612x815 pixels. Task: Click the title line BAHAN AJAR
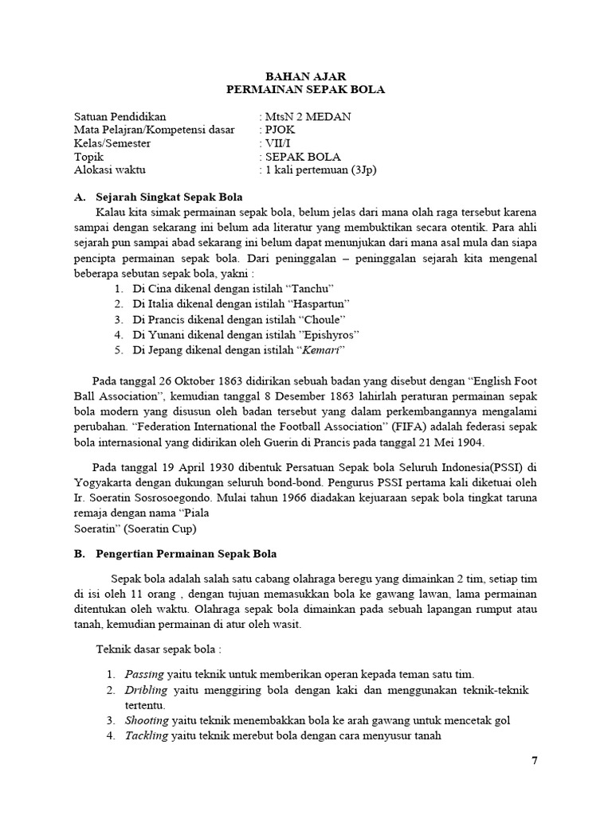[305, 76]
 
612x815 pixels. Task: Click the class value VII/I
[277, 143]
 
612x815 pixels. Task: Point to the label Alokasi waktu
[110, 170]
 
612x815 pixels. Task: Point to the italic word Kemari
[322, 350]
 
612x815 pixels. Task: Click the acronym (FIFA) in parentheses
[406, 427]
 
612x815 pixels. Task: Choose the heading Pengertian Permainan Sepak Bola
[186, 554]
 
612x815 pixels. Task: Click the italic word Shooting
[147, 720]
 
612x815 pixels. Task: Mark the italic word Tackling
[147, 735]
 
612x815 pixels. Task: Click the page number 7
[535, 760]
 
